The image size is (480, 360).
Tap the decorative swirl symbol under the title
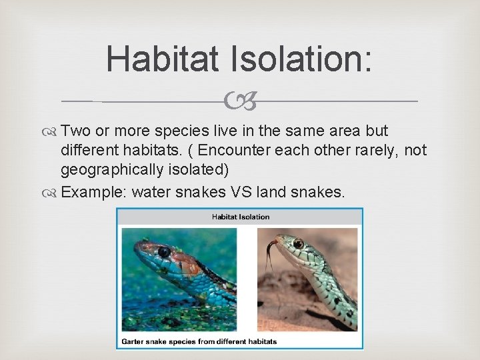click(239, 102)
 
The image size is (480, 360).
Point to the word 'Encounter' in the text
click(231, 151)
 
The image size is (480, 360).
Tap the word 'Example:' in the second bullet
click(93, 193)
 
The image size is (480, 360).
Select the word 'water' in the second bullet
click(152, 193)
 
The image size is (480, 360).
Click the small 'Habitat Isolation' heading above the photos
click(241, 217)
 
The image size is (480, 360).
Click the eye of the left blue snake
click(163, 251)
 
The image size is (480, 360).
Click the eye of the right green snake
click(297, 243)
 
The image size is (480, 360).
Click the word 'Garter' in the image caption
click(134, 341)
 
